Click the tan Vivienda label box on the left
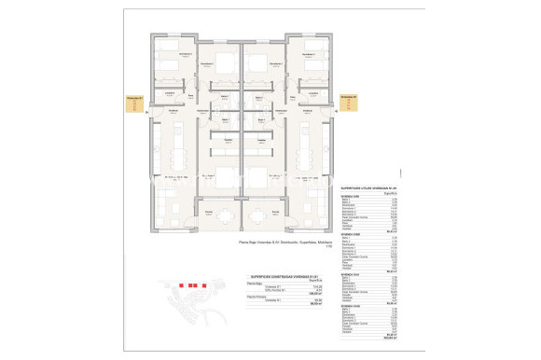tap(132, 104)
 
